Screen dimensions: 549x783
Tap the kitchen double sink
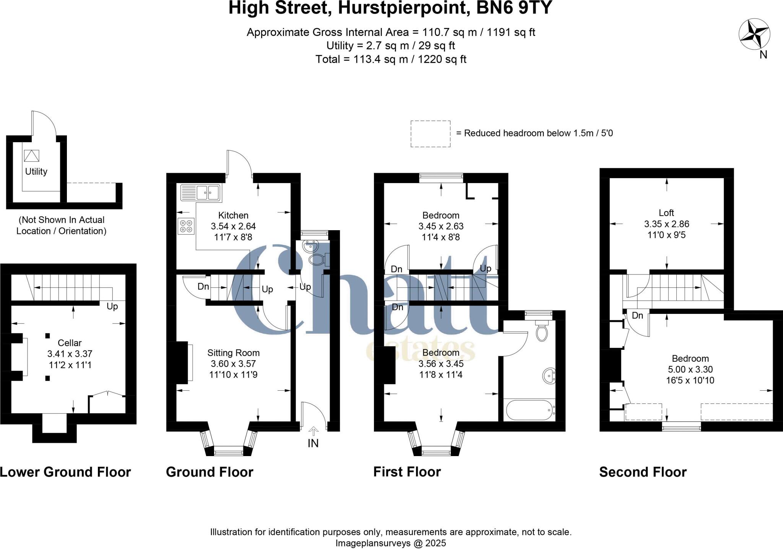[200, 193]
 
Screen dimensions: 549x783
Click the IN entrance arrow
[313, 432]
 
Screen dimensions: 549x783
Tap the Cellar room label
[70, 343]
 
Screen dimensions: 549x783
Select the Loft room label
[666, 213]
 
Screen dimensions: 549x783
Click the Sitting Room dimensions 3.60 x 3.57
[233, 364]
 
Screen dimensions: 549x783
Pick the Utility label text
[36, 171]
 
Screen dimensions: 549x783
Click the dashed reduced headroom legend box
[430, 133]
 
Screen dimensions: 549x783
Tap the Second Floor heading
[643, 472]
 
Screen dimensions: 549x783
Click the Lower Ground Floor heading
[65, 472]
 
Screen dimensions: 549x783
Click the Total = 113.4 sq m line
[391, 59]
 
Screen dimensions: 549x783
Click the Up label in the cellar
[112, 306]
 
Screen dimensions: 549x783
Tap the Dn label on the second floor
[637, 315]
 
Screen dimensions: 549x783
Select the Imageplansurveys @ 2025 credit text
[391, 543]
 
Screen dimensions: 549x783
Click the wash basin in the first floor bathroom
[549, 376]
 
